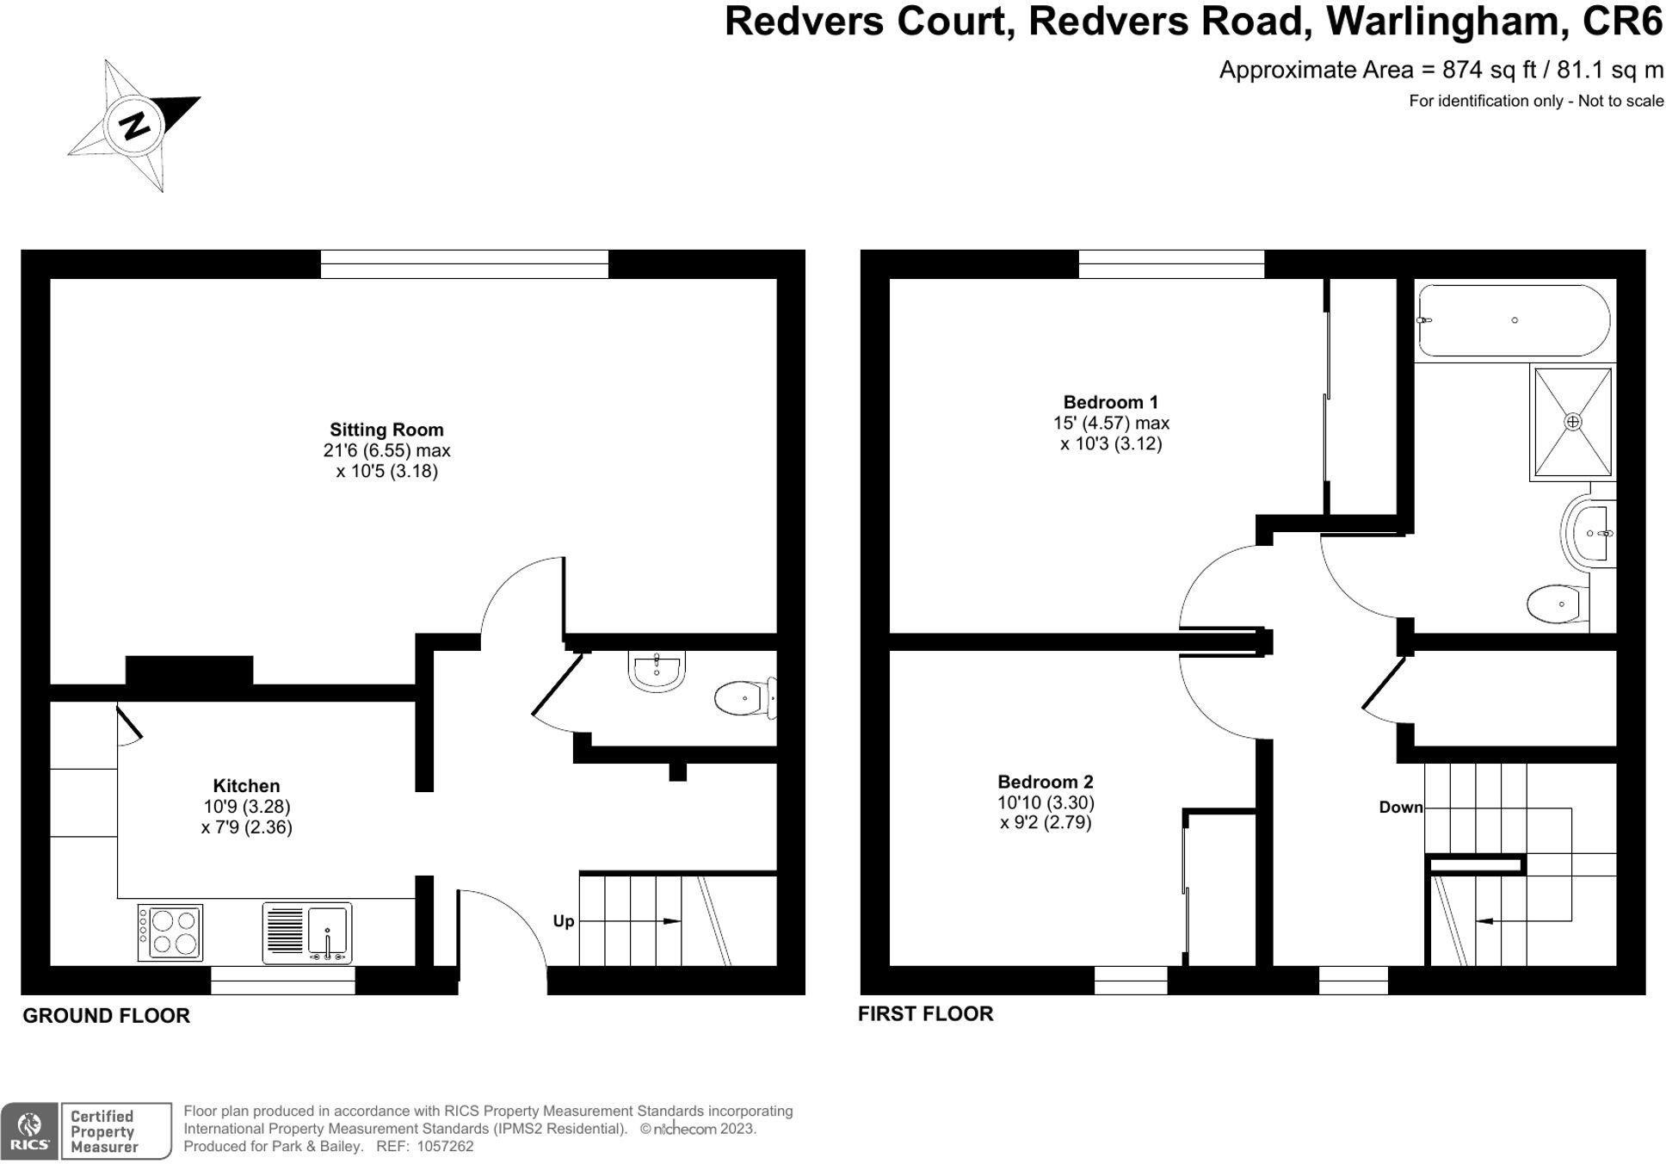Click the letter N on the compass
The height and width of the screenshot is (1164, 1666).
134,126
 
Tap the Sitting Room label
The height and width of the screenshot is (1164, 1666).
386,430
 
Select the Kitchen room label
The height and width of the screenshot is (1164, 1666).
246,785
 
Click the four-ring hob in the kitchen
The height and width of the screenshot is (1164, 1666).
170,932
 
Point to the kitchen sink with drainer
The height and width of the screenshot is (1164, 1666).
307,932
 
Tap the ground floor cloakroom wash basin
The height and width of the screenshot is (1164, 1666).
657,671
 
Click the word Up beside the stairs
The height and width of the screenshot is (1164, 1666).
563,920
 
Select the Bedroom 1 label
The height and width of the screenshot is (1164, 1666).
1110,402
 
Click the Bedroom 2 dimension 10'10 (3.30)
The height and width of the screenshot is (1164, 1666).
1046,802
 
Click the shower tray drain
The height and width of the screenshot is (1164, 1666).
1572,422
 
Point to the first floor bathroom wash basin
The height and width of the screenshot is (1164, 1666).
1589,534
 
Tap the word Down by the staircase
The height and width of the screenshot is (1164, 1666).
1400,807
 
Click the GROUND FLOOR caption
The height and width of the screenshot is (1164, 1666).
106,1015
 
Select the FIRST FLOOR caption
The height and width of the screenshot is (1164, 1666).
925,1013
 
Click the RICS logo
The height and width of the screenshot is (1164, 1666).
29,1131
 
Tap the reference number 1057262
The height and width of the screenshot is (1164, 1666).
445,1146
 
